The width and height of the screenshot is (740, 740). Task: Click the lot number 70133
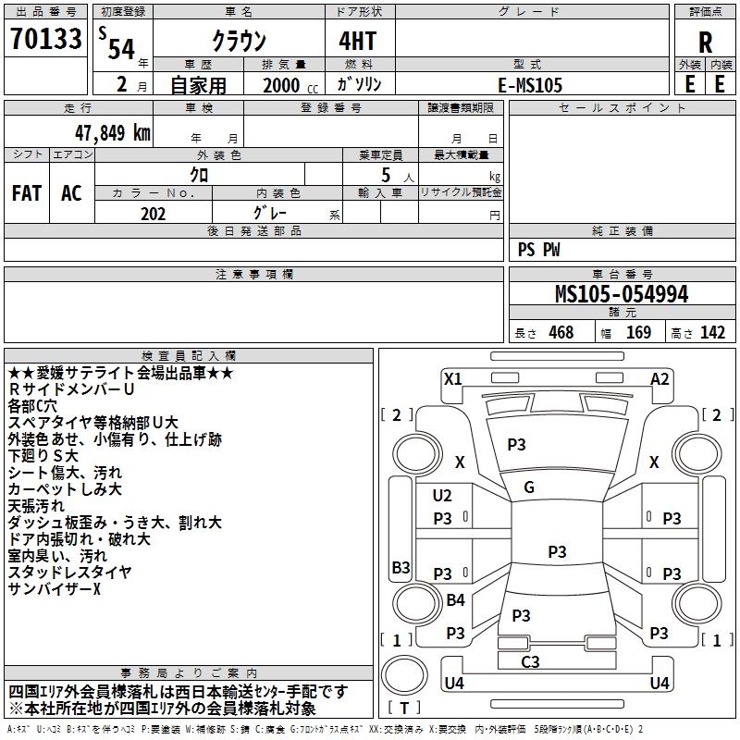tap(45, 41)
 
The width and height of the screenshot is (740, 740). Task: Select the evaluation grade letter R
tap(705, 43)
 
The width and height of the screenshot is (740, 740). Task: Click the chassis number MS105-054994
tap(621, 294)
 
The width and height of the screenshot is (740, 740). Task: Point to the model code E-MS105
tap(529, 85)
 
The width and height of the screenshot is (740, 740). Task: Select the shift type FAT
tap(26, 192)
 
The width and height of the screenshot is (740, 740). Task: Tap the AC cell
tap(71, 192)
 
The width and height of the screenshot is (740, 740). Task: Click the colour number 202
tap(153, 214)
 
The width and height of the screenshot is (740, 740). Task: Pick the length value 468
tap(561, 333)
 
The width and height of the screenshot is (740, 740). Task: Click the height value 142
tap(712, 333)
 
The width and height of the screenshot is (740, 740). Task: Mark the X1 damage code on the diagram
tap(452, 378)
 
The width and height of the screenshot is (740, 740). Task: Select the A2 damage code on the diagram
tap(660, 378)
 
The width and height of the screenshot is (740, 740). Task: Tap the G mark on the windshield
tap(528, 487)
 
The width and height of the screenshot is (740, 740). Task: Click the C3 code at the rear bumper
tap(530, 661)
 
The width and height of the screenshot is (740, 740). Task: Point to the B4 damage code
tap(455, 600)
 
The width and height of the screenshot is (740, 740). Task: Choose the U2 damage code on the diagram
tap(442, 496)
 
